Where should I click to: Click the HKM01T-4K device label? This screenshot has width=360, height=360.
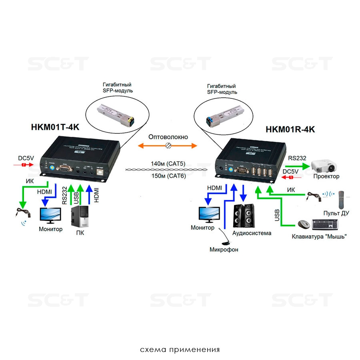55,127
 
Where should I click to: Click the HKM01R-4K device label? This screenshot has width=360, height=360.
290,130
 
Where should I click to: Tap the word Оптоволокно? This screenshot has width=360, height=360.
168,137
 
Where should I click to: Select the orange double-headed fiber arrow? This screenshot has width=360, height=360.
168,146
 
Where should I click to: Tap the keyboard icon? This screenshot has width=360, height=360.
327,225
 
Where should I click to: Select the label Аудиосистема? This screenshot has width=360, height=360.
252,233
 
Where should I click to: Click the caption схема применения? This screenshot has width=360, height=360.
180,350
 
